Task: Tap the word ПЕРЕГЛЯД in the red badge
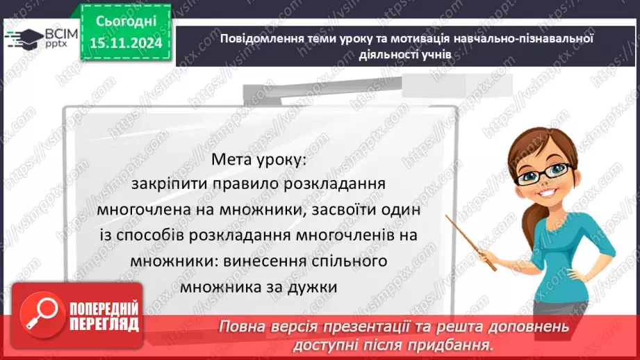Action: pyautogui.click(x=105, y=323)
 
